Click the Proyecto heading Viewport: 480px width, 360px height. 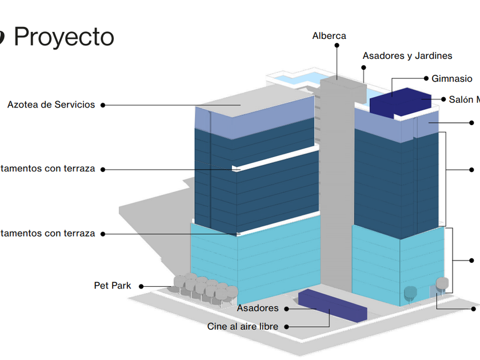[x=63, y=37]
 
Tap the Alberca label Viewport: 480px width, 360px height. [x=329, y=36]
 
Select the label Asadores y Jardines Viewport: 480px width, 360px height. [x=407, y=56]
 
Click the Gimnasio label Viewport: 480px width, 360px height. [x=451, y=79]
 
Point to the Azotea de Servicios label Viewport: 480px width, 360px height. [x=51, y=105]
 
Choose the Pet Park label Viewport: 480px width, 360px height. [x=113, y=285]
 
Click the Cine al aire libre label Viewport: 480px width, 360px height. [x=243, y=326]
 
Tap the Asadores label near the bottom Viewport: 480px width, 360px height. [x=258, y=309]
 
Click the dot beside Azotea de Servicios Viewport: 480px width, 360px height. [x=102, y=105]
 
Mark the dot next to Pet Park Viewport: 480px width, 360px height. [x=141, y=286]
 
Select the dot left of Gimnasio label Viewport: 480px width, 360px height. [x=426, y=78]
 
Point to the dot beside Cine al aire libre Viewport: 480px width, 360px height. [x=286, y=327]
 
